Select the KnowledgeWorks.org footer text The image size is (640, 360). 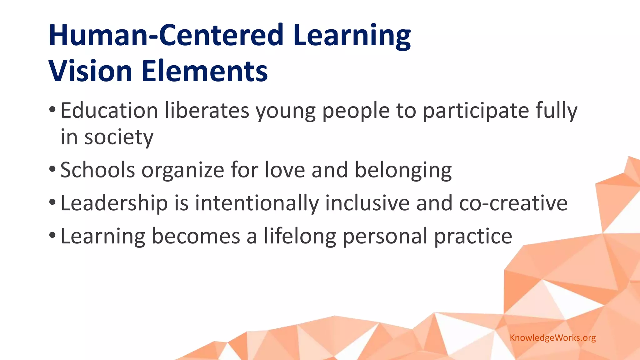coord(552,338)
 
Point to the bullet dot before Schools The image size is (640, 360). coord(52,169)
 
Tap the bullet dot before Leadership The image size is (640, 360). coord(52,202)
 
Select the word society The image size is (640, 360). coord(119,137)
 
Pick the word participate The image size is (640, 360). coord(476,111)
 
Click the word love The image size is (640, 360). coord(285,170)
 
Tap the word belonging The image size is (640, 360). coord(403,171)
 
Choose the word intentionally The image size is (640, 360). coord(257,203)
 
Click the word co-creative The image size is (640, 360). coord(513,203)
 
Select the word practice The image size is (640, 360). coord(473,236)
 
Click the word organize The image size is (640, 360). coord(183,171)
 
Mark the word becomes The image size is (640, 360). coord(196,236)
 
